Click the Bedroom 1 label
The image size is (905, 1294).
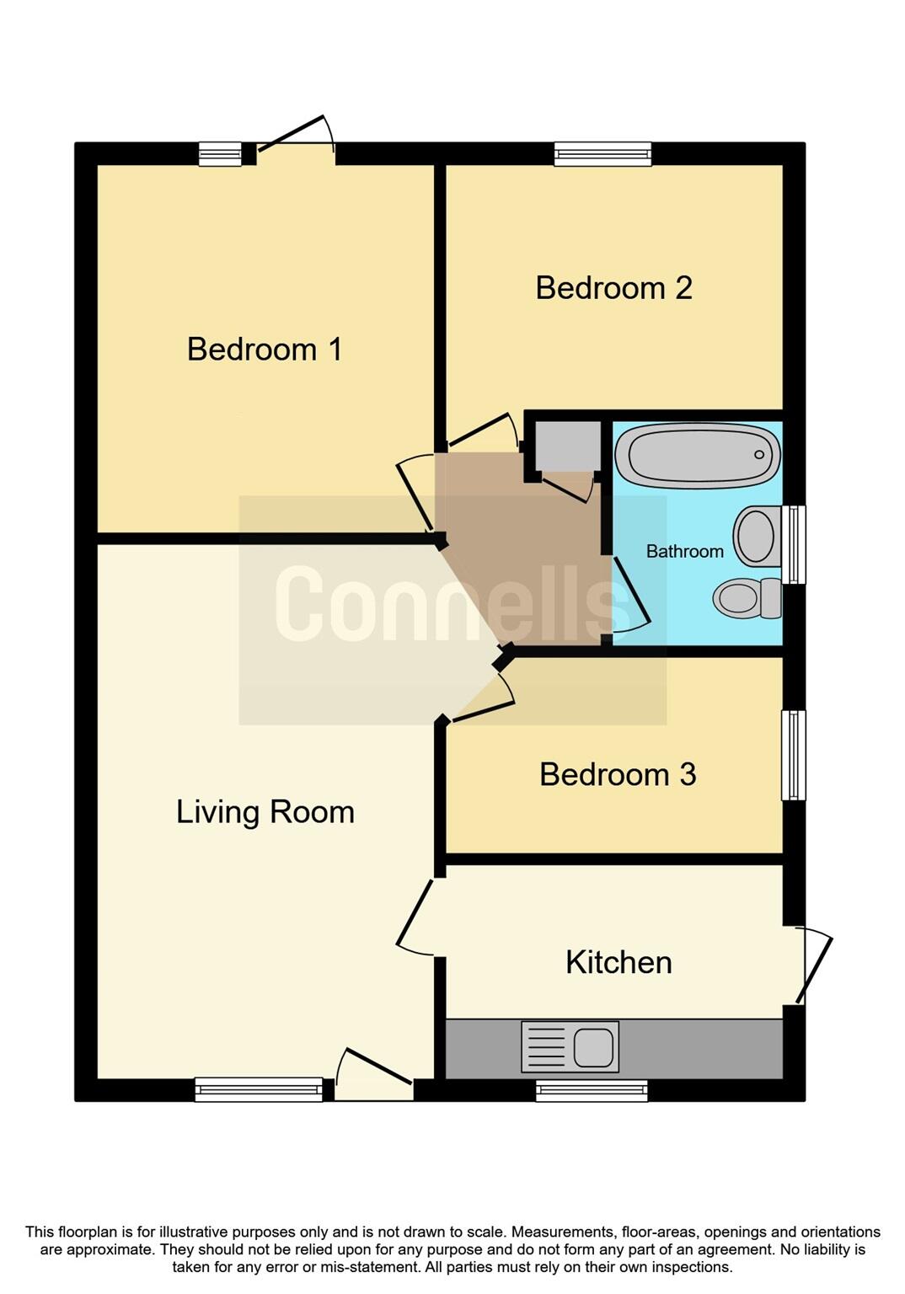[265, 349]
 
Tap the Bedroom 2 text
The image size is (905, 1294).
[613, 288]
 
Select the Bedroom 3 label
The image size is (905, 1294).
[618, 774]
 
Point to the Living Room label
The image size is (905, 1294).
[265, 812]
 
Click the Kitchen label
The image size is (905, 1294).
[619, 962]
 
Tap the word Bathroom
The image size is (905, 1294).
[684, 551]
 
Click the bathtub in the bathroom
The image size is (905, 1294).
[698, 455]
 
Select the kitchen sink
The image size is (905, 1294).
[570, 1047]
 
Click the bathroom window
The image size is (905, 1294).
[794, 544]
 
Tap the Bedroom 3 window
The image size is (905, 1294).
[794, 755]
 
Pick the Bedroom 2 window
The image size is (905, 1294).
[602, 154]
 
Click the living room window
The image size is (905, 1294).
[259, 1089]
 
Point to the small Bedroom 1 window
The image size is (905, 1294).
[220, 154]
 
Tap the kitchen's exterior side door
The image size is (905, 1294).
[811, 965]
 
